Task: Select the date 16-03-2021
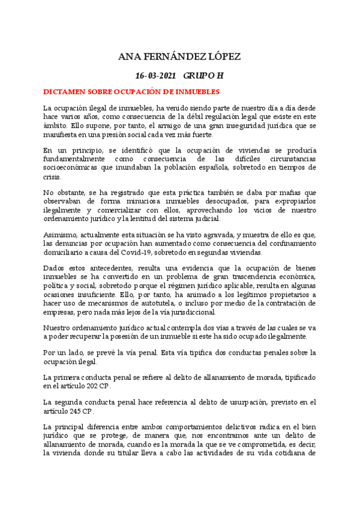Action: point(156,77)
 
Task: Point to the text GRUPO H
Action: point(203,77)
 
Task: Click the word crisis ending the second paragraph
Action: point(53,177)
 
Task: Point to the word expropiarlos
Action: point(292,203)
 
